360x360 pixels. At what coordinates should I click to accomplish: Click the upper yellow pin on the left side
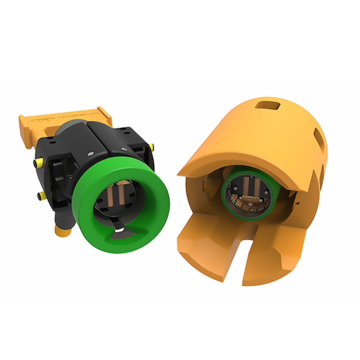pos(37,163)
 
